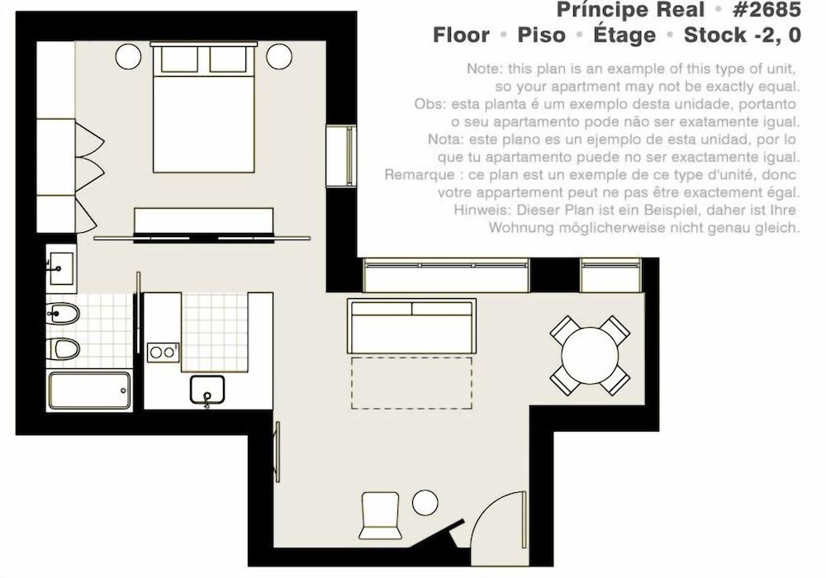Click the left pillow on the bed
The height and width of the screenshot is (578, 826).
point(178,59)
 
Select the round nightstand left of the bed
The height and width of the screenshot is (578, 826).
point(128,56)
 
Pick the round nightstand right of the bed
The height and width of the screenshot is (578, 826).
point(278,56)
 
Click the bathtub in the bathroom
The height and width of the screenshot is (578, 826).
point(89,391)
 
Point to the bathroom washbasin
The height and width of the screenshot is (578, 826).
point(59,267)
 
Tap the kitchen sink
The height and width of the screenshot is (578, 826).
point(207,389)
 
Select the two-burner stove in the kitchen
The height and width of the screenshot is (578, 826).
point(162,353)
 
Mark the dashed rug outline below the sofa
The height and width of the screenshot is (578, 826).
point(412,382)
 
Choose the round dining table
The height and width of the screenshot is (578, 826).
point(590,355)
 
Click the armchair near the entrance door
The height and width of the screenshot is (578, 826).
point(380,512)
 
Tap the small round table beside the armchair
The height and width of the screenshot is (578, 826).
point(425,501)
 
